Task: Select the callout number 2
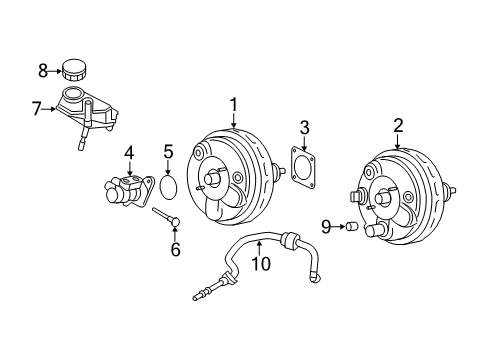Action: [398, 125]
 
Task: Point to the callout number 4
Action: [129, 153]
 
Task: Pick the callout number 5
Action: [169, 153]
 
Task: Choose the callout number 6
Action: [175, 249]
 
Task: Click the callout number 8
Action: [42, 69]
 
